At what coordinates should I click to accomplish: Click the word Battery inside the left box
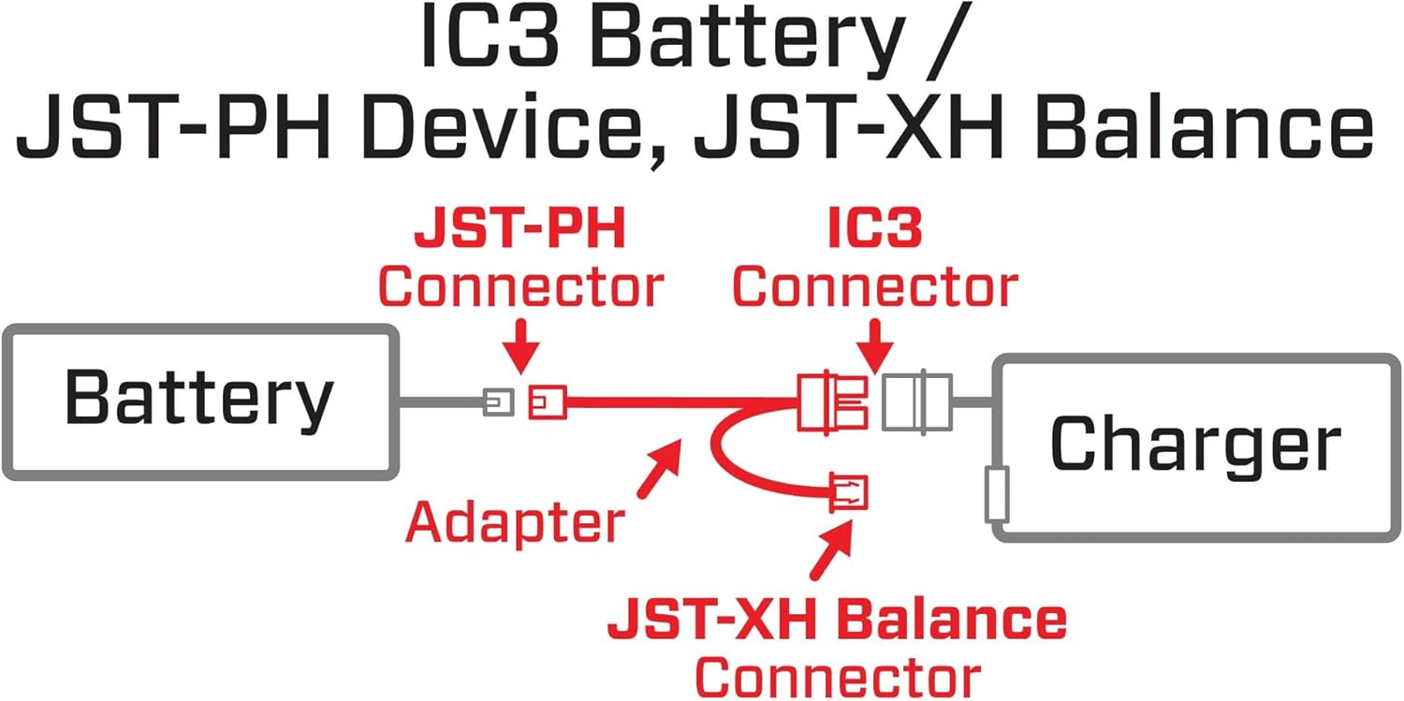(198, 399)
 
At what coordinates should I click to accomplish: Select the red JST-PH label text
(519, 231)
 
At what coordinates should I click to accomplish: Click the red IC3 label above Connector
(874, 231)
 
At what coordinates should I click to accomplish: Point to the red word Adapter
(515, 521)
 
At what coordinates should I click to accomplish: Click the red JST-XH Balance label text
(837, 620)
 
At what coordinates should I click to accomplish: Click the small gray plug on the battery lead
(498, 403)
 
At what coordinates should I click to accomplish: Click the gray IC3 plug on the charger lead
(917, 402)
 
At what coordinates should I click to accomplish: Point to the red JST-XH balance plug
(847, 493)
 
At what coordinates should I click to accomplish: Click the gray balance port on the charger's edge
(996, 497)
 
